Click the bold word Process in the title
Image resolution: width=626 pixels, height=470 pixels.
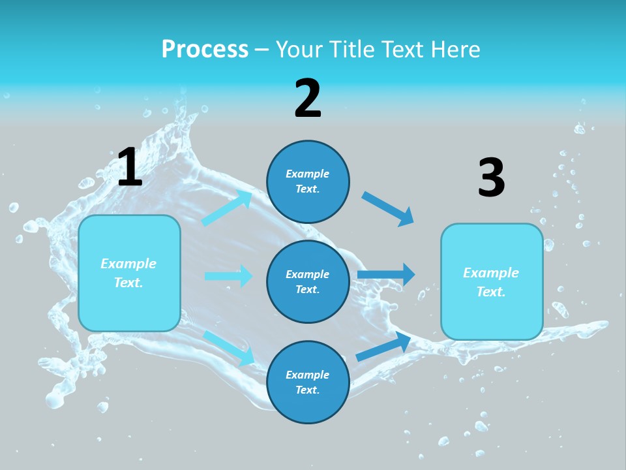[x=205, y=50]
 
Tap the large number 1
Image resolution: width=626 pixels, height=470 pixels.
[x=130, y=168]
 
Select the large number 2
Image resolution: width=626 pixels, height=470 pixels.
[x=308, y=99]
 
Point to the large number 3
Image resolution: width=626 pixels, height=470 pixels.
[x=492, y=178]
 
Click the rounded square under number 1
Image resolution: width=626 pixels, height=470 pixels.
[x=129, y=273]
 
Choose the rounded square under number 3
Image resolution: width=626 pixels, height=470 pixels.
[x=492, y=281]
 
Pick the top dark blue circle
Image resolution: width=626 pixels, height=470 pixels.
[x=308, y=181]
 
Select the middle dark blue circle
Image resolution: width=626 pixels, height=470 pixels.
[x=308, y=281]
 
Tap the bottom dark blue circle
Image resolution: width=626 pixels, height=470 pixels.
[x=308, y=382]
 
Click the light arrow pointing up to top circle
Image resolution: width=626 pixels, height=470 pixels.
[x=227, y=208]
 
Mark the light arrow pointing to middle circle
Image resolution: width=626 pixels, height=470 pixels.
[x=228, y=276]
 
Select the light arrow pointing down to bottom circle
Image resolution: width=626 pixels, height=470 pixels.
[x=230, y=347]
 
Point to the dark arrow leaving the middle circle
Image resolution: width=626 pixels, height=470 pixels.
[x=386, y=275]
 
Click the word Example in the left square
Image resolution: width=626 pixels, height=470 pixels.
[x=128, y=264]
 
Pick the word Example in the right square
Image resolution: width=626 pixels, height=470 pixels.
[x=491, y=273]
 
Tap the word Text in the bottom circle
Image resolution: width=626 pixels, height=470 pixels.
[x=306, y=390]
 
